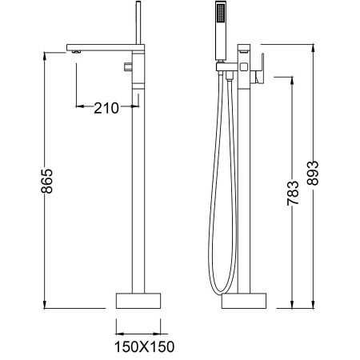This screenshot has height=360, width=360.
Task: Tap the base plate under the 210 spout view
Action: click(139, 299)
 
